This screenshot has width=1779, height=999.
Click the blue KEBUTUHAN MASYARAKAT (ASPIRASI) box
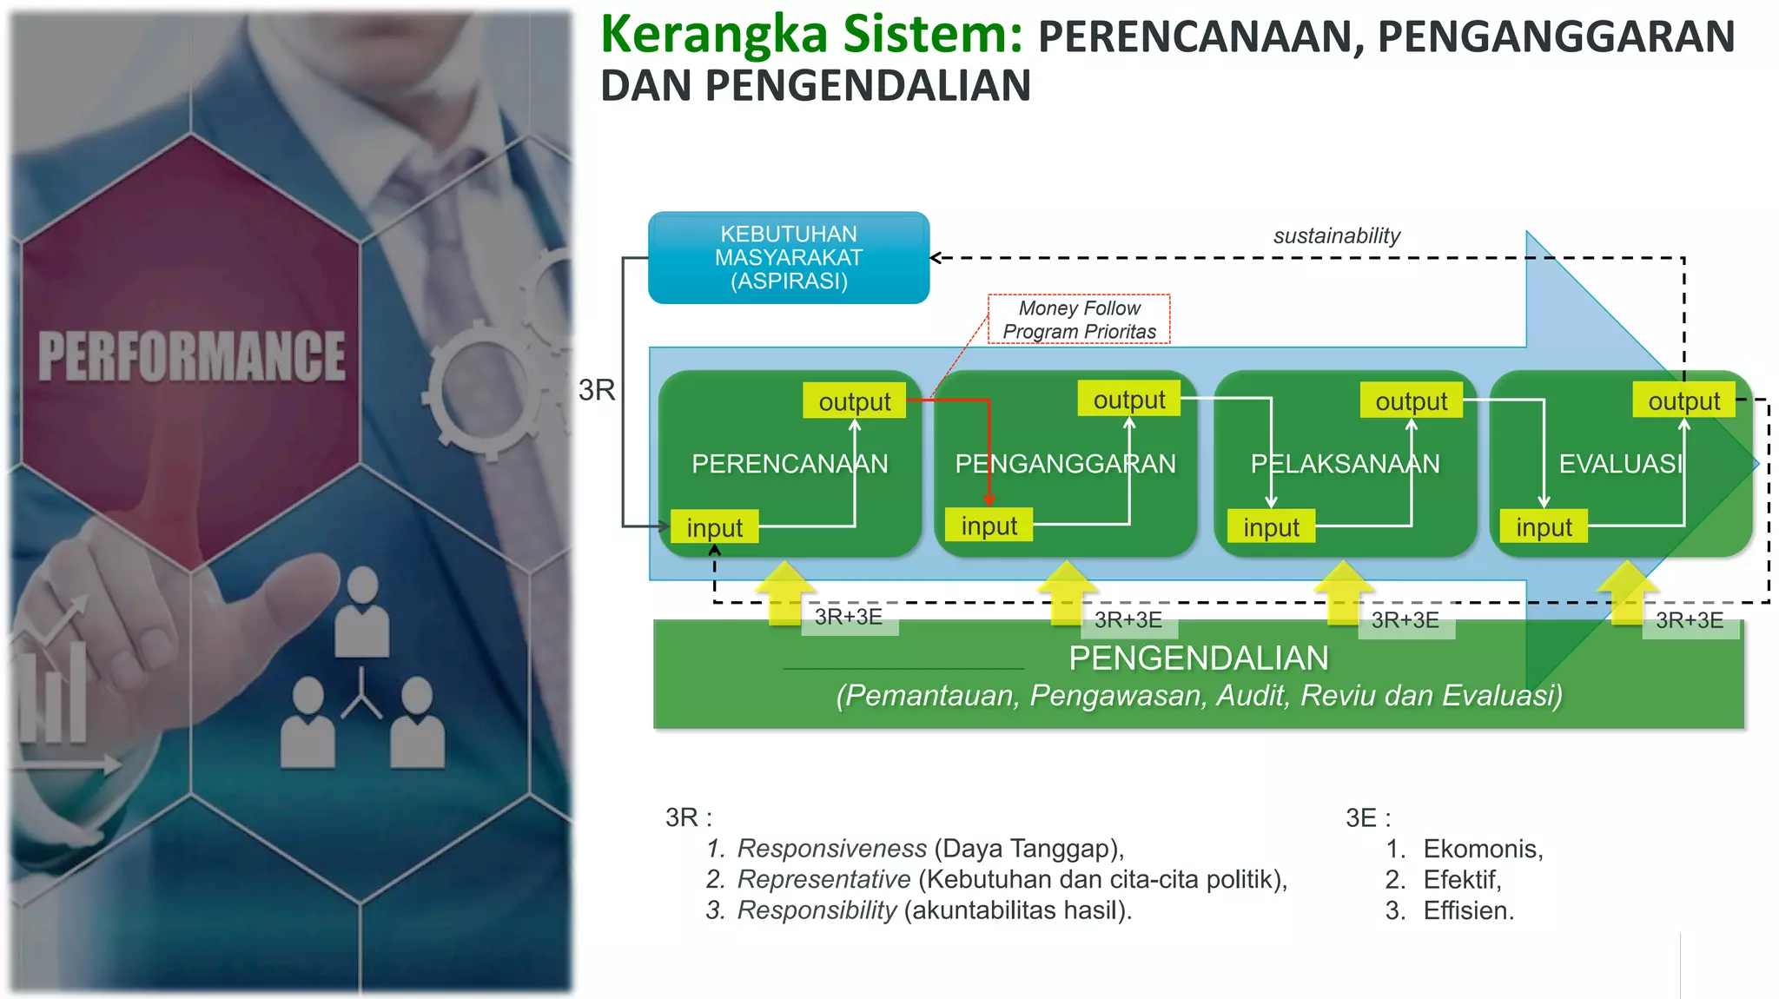click(789, 258)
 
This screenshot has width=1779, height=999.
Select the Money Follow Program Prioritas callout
click(1079, 320)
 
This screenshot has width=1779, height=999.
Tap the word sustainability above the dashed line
click(1336, 236)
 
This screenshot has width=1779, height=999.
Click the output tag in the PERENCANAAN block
click(854, 401)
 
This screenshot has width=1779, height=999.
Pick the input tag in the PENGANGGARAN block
click(989, 526)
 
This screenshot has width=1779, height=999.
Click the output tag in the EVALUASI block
click(1683, 401)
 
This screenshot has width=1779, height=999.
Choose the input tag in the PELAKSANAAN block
click(1271, 527)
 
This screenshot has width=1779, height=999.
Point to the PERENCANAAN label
click(789, 464)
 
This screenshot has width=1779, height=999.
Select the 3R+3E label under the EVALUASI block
click(1690, 620)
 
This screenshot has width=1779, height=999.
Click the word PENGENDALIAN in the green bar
click(1198, 658)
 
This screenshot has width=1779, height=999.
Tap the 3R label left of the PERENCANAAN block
click(597, 390)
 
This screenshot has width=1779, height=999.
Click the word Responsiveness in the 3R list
click(831, 849)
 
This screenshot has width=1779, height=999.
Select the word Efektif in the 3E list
click(1461, 880)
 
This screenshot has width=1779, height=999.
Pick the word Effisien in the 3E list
click(1467, 911)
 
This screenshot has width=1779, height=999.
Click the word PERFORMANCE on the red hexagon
click(192, 356)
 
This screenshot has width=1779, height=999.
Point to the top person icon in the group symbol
click(361, 612)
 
